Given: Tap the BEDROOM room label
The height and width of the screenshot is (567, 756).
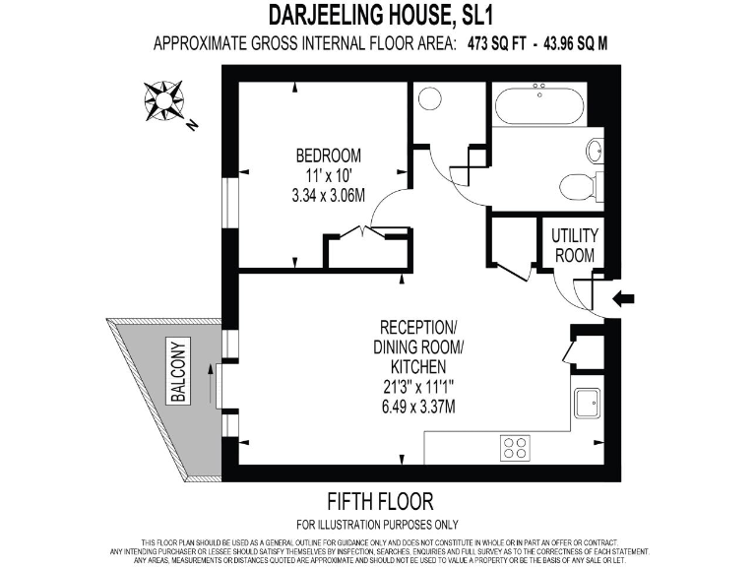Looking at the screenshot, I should [x=328, y=156].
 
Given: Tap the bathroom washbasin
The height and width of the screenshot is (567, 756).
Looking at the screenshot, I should [x=595, y=151].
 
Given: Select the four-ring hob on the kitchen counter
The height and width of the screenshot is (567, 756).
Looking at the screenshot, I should [x=515, y=448].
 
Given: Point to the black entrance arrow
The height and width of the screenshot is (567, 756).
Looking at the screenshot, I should [x=624, y=298].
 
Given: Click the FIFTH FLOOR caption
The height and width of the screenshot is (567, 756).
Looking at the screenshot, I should [x=378, y=501].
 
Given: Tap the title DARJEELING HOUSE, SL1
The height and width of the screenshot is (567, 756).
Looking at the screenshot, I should [x=378, y=16].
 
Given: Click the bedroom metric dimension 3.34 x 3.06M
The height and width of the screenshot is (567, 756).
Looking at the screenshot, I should [x=328, y=195].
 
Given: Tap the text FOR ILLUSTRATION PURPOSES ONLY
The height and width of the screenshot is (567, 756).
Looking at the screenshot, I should [x=378, y=525].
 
